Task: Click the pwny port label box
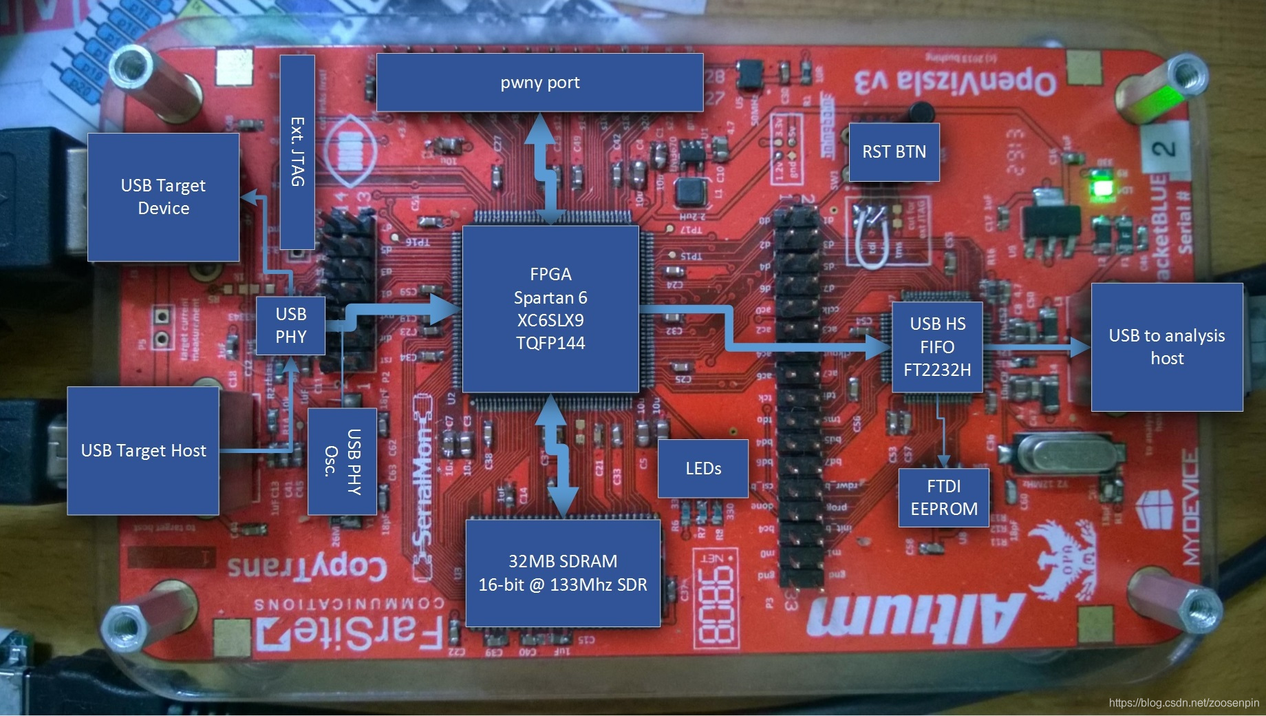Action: coord(540,83)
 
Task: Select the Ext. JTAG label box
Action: coord(297,151)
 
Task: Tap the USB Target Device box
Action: coord(163,197)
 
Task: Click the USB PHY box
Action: coord(290,325)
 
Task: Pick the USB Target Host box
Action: coord(143,450)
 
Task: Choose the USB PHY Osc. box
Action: coord(342,461)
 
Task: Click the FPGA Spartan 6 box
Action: coord(550,308)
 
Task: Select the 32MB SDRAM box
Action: coord(563,573)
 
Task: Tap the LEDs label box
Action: coord(703,469)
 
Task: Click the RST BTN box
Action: coord(894,152)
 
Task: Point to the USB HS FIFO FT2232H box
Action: coord(937,346)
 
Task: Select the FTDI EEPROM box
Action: coord(943,497)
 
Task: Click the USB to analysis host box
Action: coord(1167,346)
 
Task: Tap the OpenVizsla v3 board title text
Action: coord(956,80)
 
